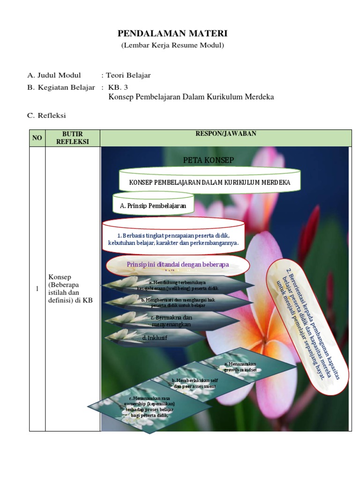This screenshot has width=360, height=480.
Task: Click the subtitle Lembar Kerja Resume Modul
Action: [x=172, y=45]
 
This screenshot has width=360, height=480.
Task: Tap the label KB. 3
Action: [x=118, y=87]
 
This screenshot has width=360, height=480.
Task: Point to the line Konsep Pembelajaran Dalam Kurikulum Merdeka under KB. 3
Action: [x=191, y=97]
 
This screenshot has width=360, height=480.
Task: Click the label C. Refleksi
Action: [x=47, y=115]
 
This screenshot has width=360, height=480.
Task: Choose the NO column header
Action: [x=37, y=138]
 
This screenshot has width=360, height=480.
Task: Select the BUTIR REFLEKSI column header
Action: [x=72, y=138]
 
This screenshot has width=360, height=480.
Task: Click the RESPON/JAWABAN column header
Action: [x=225, y=134]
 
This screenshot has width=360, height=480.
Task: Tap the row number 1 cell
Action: [x=37, y=289]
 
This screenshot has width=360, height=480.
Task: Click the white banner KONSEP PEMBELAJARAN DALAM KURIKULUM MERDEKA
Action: [x=210, y=182]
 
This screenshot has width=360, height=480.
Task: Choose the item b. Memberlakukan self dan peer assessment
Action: [x=194, y=383]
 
